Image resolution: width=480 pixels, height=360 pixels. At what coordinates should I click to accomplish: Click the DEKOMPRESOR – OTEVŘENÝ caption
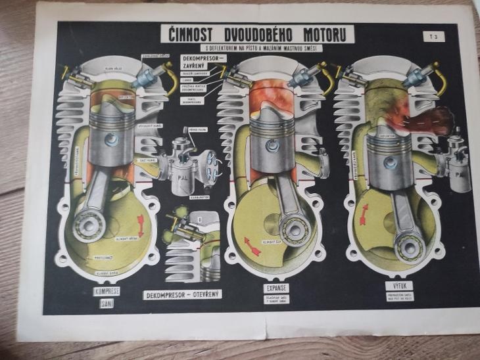(x=182, y=294)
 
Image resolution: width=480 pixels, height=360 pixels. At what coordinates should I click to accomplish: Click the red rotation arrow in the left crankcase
(x=140, y=221)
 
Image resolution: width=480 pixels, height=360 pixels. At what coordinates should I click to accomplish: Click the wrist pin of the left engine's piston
(x=112, y=139)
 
